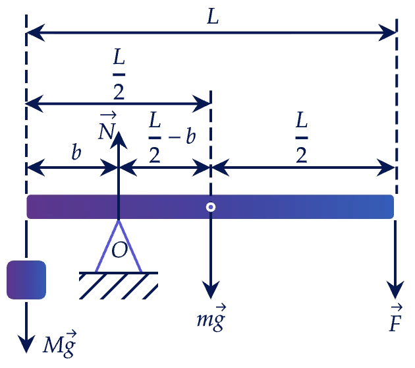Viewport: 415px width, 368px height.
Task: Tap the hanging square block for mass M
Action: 26,280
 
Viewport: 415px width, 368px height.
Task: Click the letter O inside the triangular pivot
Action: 119,250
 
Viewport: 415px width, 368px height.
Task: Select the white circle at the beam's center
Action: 211,207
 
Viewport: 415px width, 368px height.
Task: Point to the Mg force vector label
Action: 60,344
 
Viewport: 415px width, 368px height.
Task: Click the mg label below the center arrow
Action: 211,318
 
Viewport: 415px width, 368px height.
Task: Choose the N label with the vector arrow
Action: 107,126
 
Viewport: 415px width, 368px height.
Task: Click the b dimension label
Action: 76,152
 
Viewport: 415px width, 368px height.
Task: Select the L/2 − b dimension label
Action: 172,137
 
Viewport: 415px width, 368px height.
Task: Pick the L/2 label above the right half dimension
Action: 302,137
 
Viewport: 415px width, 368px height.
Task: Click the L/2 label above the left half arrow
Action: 119,74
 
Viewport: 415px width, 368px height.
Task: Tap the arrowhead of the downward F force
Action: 395,290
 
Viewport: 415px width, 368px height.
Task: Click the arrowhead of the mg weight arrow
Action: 211,290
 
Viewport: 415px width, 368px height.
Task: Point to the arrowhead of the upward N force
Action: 119,140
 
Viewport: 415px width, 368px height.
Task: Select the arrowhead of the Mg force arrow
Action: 26,344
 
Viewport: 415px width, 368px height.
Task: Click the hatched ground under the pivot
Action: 119,286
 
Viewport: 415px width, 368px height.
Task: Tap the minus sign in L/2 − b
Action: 175,137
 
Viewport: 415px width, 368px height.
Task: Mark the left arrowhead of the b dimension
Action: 36,168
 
